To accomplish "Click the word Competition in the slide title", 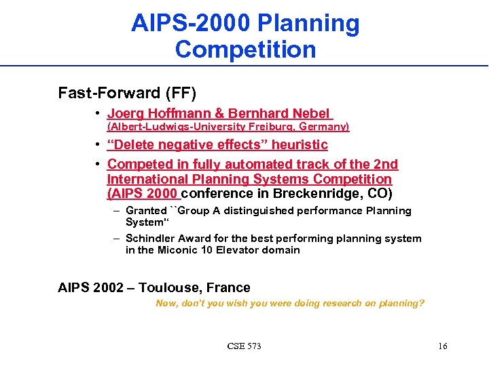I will point(245,49).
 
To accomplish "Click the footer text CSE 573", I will point(244,346).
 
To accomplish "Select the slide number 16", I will point(442,346).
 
